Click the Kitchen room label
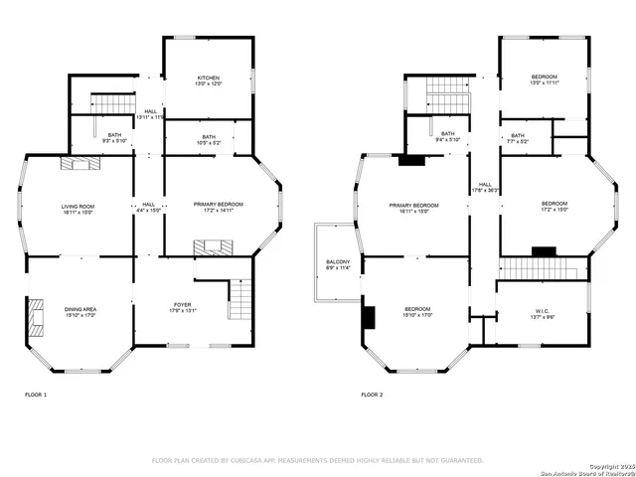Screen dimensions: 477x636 [208, 80]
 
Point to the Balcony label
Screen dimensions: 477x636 [337, 264]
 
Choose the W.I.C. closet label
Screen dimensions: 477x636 [542, 315]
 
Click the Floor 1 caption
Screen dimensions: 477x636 [36, 396]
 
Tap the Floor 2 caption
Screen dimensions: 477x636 [374, 396]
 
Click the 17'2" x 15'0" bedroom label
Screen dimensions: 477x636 [545, 207]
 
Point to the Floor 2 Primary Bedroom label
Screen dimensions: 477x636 [412, 208]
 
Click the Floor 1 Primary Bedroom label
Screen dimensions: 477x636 [218, 207]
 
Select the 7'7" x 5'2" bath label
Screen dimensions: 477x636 [518, 138]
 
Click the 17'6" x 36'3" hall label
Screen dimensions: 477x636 [485, 187]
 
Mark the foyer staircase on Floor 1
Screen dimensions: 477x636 [239, 299]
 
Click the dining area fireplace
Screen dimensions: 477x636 [37, 318]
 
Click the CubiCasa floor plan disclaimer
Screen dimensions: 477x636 [317, 460]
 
